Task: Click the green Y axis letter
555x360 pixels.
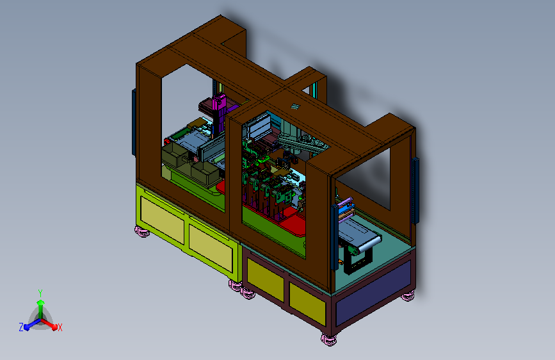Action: click(x=40, y=293)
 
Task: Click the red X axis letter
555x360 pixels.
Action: click(x=60, y=328)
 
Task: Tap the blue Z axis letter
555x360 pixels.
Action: click(x=21, y=327)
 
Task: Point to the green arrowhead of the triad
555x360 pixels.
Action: click(x=40, y=302)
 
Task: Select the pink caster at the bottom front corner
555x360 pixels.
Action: click(x=329, y=340)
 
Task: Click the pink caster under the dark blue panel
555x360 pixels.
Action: click(x=408, y=295)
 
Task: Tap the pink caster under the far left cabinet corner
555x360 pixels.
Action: click(x=142, y=231)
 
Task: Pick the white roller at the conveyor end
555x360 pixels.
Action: click(x=369, y=244)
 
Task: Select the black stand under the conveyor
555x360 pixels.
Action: click(x=358, y=261)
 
